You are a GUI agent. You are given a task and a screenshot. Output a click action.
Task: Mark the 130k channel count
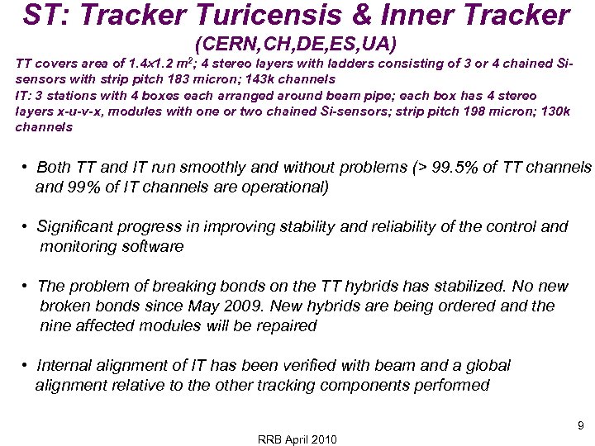click(x=549, y=111)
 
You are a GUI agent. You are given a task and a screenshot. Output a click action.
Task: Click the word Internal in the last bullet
click(x=67, y=366)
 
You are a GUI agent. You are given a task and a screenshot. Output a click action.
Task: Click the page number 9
click(x=580, y=426)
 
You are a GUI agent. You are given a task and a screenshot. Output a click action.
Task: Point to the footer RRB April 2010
click(x=297, y=439)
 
